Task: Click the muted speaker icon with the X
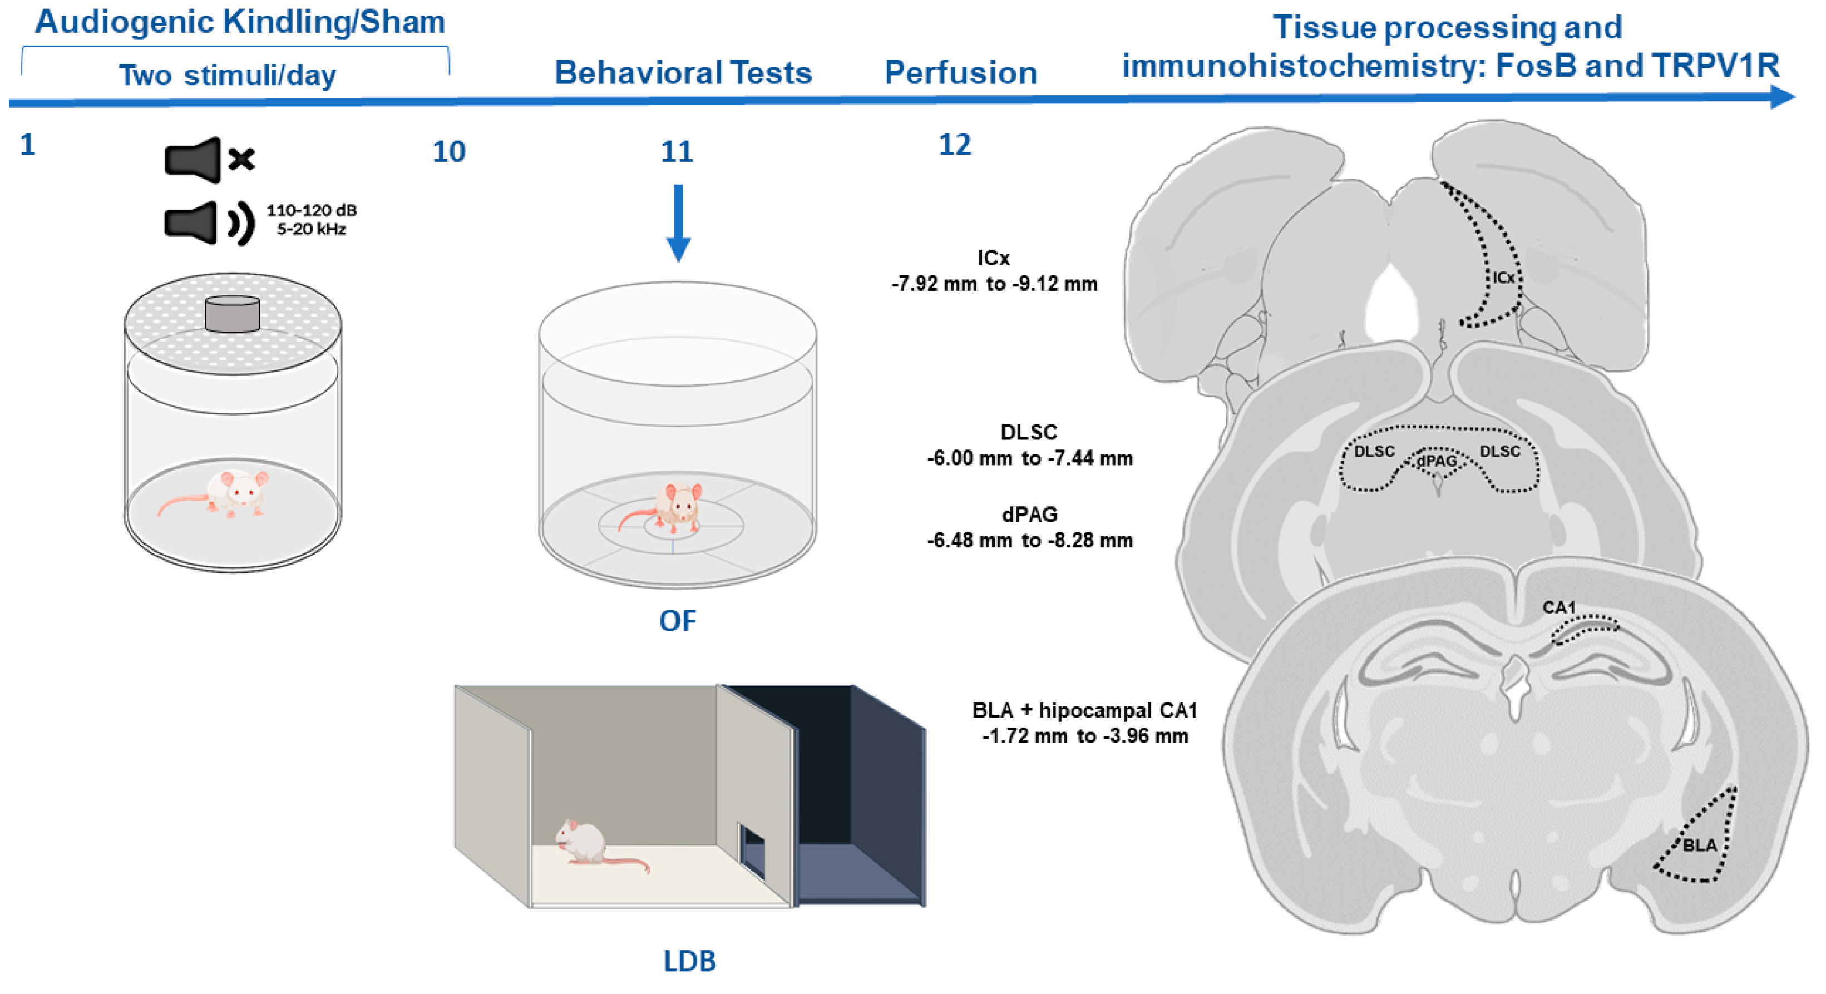click(x=209, y=160)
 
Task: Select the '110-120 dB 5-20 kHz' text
click(x=311, y=220)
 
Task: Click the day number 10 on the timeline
click(x=448, y=152)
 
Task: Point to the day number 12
click(x=954, y=145)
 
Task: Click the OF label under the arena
click(x=677, y=621)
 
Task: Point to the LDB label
click(x=689, y=961)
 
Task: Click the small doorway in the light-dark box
click(x=752, y=850)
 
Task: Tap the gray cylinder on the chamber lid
click(x=232, y=313)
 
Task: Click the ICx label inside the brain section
click(x=1503, y=278)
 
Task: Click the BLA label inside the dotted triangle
click(x=1699, y=845)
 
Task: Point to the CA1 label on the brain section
click(x=1559, y=608)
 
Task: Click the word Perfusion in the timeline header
click(x=960, y=73)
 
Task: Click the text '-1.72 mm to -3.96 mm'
click(x=1084, y=736)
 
